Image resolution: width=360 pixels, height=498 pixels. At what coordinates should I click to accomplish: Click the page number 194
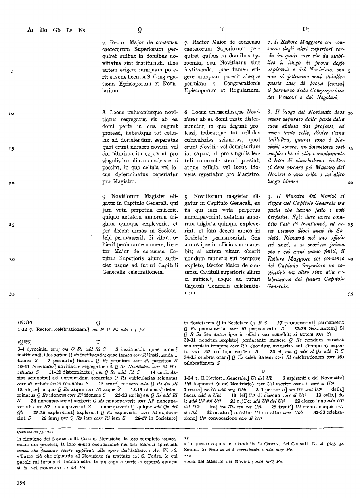22,482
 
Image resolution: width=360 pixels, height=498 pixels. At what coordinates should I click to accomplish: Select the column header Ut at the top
306,29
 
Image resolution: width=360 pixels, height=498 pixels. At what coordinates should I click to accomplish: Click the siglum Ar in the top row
31,29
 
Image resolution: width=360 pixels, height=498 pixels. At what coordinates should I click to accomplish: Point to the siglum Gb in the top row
56,29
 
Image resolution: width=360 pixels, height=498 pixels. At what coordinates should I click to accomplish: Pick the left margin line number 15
12,148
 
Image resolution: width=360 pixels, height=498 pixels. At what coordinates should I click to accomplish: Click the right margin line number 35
350,294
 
